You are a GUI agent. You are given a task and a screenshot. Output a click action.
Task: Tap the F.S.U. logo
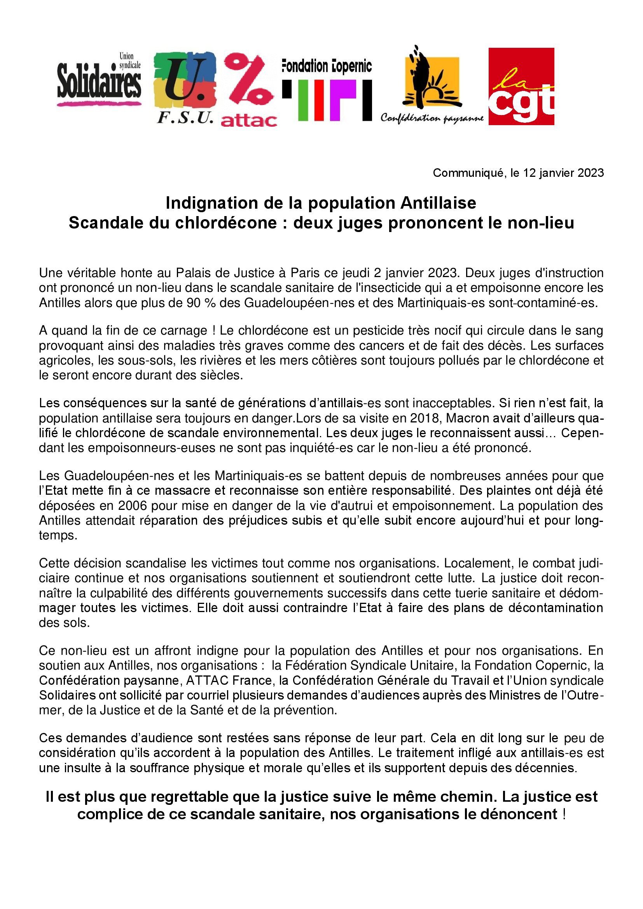tap(185, 87)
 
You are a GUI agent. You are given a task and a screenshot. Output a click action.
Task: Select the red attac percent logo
tap(249, 90)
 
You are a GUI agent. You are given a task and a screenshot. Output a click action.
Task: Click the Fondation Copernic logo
tap(327, 90)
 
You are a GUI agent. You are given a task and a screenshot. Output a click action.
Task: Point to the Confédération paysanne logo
tap(432, 85)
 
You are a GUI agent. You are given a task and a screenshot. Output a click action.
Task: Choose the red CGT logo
tap(521, 86)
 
